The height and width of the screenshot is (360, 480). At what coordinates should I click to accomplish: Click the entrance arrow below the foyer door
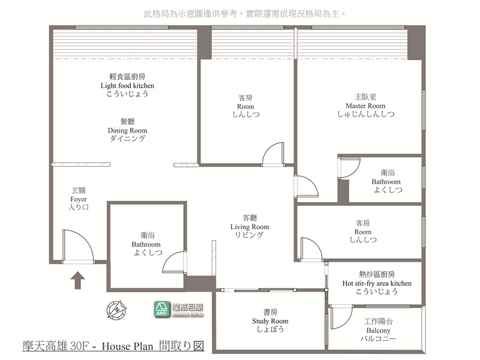click(x=78, y=280)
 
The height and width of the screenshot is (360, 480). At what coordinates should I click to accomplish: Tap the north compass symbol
click(x=116, y=310)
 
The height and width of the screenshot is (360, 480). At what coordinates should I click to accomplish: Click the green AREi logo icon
click(x=161, y=309)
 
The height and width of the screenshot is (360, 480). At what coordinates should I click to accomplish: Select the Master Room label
click(x=365, y=106)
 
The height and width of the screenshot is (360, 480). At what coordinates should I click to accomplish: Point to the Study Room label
click(x=271, y=321)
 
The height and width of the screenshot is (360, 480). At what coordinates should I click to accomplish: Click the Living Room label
click(x=250, y=227)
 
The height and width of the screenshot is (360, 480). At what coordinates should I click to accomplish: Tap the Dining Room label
click(x=127, y=130)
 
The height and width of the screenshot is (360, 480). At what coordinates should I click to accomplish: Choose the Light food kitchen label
click(x=127, y=85)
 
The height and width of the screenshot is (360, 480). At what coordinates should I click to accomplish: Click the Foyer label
click(x=79, y=199)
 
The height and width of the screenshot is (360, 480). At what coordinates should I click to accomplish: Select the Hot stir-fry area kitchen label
click(x=377, y=283)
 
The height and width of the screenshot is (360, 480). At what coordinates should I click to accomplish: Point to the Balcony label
click(x=379, y=330)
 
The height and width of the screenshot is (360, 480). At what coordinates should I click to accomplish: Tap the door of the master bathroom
click(x=349, y=167)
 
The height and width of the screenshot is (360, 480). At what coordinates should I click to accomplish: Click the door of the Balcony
click(x=340, y=317)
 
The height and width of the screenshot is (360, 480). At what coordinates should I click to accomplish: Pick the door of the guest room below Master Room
click(x=311, y=249)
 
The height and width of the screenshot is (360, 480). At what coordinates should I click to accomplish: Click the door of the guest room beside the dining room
click(x=273, y=154)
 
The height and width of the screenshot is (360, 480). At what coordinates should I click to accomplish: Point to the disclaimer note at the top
click(x=245, y=14)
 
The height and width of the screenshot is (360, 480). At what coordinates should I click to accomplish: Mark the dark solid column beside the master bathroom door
click(x=343, y=191)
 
